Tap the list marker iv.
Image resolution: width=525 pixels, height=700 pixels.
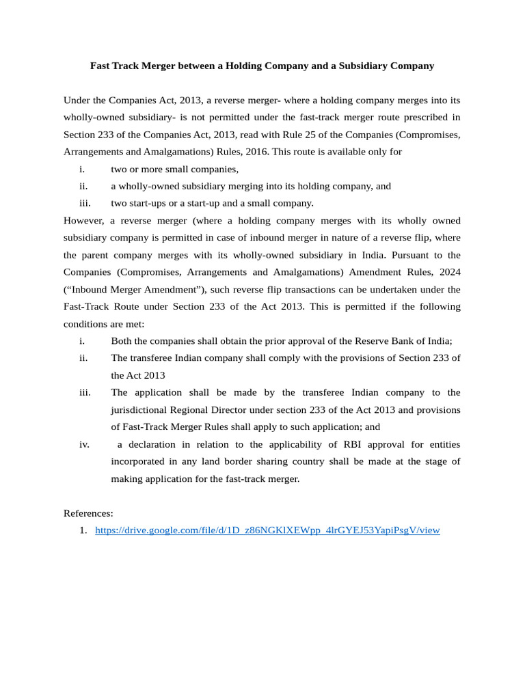tap(84, 444)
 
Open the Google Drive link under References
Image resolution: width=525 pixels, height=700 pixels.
tap(267, 530)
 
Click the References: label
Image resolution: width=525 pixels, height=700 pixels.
tap(88, 513)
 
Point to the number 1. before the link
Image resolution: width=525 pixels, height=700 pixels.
tap(83, 530)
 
